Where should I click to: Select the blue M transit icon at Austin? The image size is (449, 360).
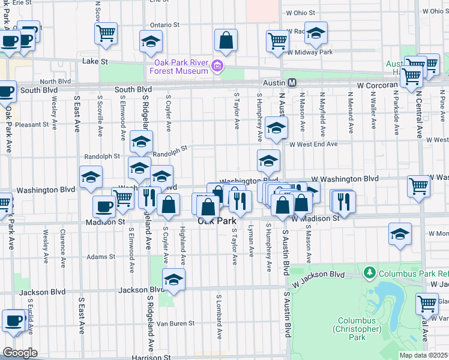(292, 83)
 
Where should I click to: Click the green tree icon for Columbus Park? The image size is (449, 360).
(370, 274)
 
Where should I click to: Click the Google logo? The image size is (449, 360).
(19, 353)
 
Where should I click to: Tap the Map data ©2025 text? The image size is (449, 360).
(423, 355)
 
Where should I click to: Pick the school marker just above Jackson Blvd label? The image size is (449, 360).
(173, 279)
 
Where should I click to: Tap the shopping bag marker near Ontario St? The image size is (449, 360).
(226, 40)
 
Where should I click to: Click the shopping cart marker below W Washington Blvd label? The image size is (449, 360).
(418, 185)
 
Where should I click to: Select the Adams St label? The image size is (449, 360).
(100, 257)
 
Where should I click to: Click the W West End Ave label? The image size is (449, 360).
(313, 144)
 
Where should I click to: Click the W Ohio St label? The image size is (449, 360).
(301, 12)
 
